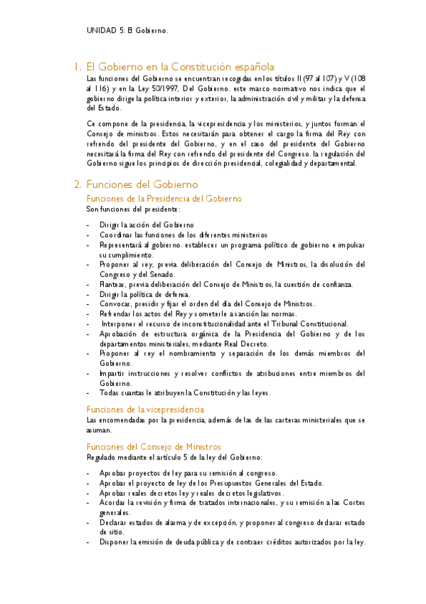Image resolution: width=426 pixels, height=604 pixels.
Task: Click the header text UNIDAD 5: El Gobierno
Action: [127, 31]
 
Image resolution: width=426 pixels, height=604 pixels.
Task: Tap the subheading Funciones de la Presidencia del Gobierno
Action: [164, 198]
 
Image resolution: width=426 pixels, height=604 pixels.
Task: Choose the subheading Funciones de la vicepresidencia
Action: [145, 409]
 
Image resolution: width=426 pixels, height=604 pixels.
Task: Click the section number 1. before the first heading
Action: [78, 66]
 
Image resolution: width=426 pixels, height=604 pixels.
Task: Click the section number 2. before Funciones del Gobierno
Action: [78, 184]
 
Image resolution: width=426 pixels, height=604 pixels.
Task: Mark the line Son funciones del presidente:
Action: [133, 209]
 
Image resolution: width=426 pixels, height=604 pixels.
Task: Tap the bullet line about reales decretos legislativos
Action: [191, 493]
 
